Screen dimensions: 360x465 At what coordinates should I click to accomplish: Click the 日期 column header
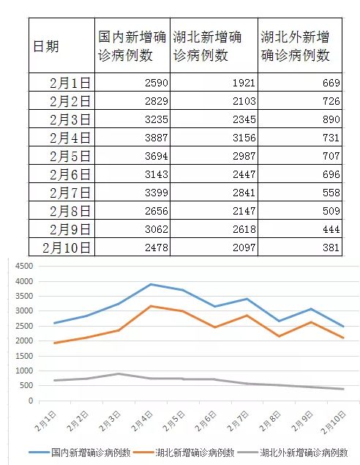(46, 46)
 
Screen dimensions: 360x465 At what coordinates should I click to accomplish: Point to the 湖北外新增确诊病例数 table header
(295, 46)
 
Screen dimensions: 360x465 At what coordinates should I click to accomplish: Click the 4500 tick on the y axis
(24, 266)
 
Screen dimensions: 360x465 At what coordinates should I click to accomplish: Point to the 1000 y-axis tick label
(24, 371)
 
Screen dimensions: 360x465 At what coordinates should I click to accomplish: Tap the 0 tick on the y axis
(31, 401)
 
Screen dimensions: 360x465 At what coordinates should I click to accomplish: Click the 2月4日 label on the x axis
(142, 421)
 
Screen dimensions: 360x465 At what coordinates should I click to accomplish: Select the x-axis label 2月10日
(334, 423)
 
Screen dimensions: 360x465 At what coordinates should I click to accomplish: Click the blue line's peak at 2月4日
(151, 284)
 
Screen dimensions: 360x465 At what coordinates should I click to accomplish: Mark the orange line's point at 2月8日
(279, 336)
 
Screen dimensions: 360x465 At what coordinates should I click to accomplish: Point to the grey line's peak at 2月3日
(119, 373)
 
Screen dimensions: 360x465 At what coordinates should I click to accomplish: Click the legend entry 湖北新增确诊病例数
(184, 453)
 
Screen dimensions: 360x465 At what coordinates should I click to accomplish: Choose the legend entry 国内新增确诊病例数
(80, 453)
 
